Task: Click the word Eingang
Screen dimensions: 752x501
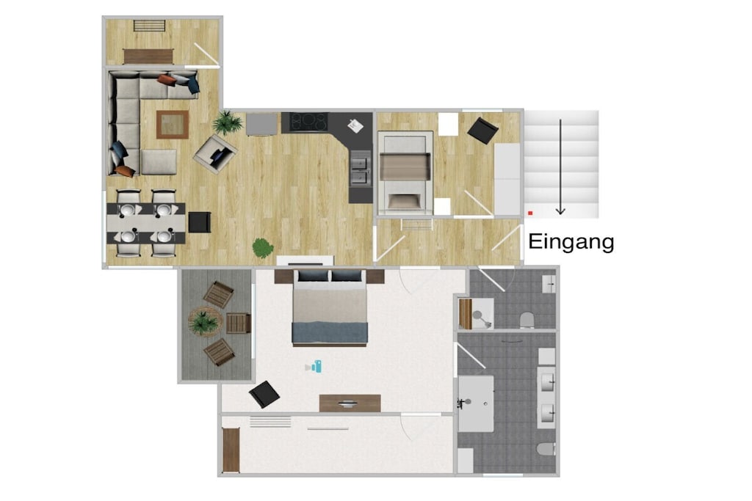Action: click(571, 242)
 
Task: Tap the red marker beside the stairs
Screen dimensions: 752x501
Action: click(530, 213)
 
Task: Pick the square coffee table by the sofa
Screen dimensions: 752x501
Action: click(172, 125)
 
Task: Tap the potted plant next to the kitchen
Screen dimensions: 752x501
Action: click(227, 122)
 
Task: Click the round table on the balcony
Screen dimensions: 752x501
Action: click(206, 322)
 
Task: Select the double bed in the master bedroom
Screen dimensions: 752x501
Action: click(330, 307)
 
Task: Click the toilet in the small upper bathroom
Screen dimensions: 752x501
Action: click(527, 320)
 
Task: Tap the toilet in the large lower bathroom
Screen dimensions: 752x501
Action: click(546, 449)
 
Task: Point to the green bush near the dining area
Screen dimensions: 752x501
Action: click(263, 248)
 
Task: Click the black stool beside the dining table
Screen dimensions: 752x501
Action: click(200, 222)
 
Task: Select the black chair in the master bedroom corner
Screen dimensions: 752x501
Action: click(264, 394)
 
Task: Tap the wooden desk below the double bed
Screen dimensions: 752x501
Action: click(350, 403)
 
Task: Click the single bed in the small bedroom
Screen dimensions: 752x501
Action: click(405, 173)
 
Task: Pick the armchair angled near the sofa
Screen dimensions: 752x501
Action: click(215, 153)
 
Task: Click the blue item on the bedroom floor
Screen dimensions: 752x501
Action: click(314, 367)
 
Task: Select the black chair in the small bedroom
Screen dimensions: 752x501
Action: click(482, 131)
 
